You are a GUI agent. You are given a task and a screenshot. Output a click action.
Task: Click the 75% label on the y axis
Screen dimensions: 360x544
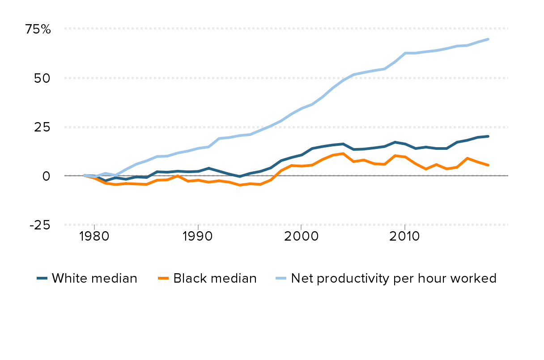coord(38,29)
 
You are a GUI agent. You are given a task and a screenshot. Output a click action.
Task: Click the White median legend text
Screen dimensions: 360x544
coord(94,279)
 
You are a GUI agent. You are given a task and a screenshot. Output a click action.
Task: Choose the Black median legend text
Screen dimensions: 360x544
coord(215,279)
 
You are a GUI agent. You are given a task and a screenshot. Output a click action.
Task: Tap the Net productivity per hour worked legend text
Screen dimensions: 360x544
coord(394,279)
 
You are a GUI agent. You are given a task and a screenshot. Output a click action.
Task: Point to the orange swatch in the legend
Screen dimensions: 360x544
coord(163,279)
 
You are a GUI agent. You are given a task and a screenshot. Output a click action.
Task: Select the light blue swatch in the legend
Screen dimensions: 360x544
coord(281,279)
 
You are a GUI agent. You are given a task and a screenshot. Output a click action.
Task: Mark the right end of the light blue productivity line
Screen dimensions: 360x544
coord(488,39)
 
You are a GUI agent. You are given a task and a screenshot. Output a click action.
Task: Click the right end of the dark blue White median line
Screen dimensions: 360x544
coord(488,136)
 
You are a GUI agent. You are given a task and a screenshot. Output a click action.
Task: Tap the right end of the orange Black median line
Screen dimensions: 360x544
coord(488,165)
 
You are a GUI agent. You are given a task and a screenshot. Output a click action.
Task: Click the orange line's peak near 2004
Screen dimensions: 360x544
coord(343,153)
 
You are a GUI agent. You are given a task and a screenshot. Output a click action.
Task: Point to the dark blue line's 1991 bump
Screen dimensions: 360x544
coord(208,168)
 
